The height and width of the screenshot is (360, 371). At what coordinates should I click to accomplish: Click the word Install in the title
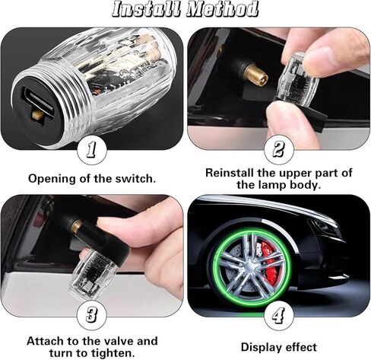click(x=149, y=10)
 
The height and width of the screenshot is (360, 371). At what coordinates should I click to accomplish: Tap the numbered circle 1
click(x=92, y=150)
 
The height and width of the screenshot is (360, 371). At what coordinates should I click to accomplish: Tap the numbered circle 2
click(x=278, y=149)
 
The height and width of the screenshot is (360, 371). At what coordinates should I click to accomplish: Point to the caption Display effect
click(x=278, y=347)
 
